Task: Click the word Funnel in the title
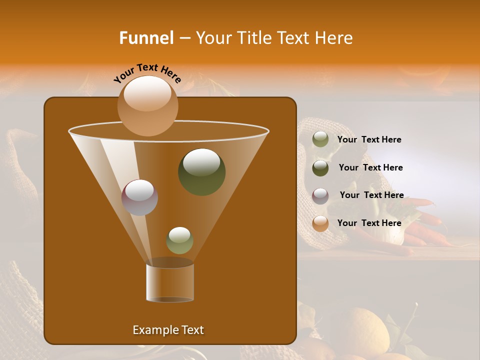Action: pos(146,38)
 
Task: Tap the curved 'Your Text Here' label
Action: pos(147,73)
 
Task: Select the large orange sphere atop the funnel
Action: pos(147,106)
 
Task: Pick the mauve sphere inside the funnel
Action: pos(139,197)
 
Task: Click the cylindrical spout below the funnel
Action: pos(169,282)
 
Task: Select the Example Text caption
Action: pos(168,330)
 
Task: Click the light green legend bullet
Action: pos(320,139)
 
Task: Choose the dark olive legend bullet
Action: pos(320,168)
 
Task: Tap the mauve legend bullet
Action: pos(320,196)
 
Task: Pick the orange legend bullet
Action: pos(320,223)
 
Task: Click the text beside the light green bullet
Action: pos(369,140)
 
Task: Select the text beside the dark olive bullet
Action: pos(370,168)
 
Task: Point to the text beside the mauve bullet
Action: pos(371,195)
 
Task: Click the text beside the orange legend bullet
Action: pos(369,223)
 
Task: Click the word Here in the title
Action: pos(334,38)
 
